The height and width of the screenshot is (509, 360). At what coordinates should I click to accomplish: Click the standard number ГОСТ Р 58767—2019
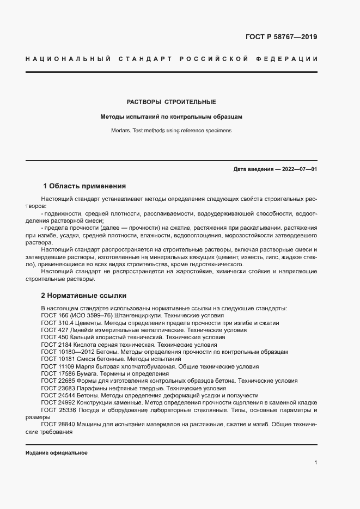pos(278,38)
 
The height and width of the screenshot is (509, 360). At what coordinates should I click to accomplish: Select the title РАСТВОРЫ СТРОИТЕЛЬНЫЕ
pos(172,102)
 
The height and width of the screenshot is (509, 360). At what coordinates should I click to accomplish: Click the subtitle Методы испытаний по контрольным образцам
pos(172,116)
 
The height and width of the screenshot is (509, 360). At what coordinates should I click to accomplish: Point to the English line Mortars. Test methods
pos(172,131)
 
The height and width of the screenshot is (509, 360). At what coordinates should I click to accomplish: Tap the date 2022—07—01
pos(297,169)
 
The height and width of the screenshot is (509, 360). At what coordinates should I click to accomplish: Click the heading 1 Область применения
pos(84,186)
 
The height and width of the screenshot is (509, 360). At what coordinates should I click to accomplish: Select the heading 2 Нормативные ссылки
pos(84,296)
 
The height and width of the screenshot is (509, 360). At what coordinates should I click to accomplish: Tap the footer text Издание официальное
pos(57,453)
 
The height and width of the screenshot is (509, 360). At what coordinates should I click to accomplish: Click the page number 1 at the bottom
pos(316,463)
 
